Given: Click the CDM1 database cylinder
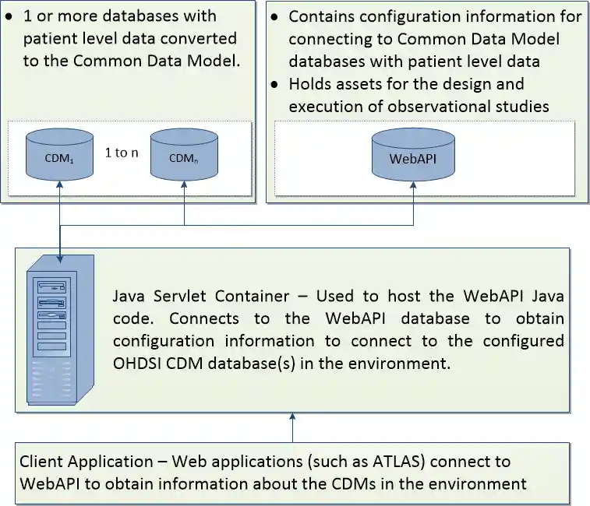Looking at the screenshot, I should tap(60, 153).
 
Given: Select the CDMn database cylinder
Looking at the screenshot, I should tap(183, 153).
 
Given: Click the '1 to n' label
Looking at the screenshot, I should tap(122, 153).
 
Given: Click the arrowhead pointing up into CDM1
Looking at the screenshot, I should tap(60, 184).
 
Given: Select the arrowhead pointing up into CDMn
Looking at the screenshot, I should tap(184, 184).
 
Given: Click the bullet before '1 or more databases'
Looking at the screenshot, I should tap(9, 16).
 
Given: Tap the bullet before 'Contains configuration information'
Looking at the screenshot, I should tap(274, 16).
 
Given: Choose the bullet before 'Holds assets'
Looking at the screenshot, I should tap(274, 84).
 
